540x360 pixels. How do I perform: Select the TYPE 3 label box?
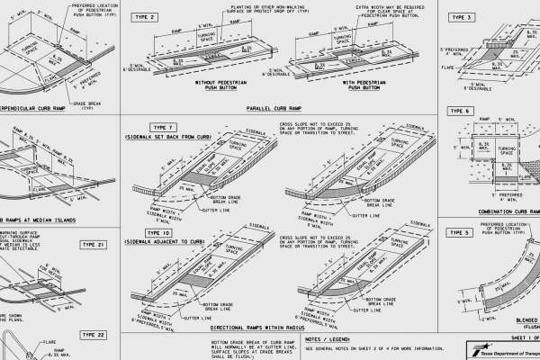click(462, 17)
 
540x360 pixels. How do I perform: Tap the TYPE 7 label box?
click(165, 126)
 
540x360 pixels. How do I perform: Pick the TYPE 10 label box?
click(164, 232)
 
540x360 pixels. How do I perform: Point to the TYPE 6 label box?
click(462, 110)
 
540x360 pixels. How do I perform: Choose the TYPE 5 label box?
click(461, 232)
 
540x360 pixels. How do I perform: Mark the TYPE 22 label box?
click(94, 334)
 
